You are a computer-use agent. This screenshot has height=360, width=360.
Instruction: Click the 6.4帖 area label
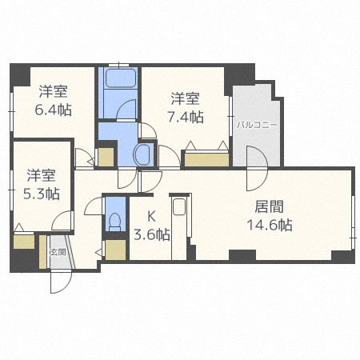54,109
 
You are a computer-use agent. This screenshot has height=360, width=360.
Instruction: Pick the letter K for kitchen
150,216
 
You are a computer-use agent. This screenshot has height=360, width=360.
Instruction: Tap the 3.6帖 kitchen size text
151,234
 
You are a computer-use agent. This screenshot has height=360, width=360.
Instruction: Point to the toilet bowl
114,220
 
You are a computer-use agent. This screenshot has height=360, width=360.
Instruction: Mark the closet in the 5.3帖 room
23,241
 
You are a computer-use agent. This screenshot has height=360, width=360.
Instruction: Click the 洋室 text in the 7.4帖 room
185,99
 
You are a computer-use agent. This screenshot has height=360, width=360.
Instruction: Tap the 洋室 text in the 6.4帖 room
53,91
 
